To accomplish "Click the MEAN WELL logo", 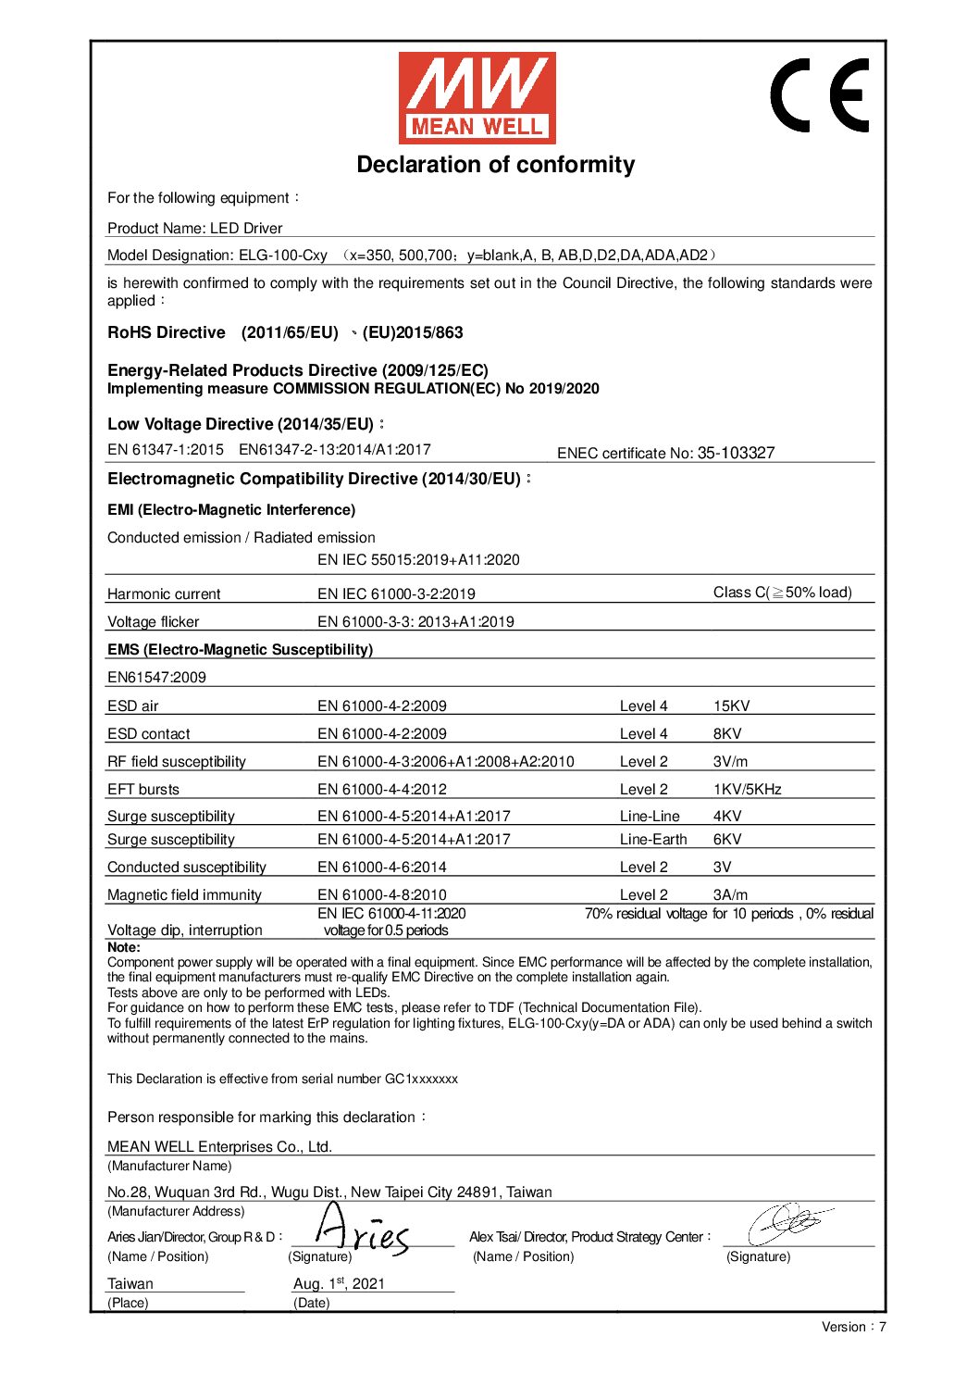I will (477, 97).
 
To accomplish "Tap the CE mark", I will (820, 95).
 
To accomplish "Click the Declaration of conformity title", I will (496, 165).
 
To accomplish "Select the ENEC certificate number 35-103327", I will (736, 453).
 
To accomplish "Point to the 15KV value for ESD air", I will (731, 706).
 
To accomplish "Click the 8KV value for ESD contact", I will (726, 734).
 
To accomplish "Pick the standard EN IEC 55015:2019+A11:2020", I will (418, 560).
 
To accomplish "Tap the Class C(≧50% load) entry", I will (782, 593).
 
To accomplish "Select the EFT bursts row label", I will (143, 790).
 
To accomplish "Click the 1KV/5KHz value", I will (747, 790).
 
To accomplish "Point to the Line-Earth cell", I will (653, 840).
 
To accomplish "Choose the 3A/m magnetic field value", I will (730, 895).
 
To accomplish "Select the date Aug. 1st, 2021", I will (339, 1283).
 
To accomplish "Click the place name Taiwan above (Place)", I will (130, 1284).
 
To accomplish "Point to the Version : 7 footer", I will (853, 1327).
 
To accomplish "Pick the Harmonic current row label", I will (164, 594).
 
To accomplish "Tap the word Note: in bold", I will (124, 947).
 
